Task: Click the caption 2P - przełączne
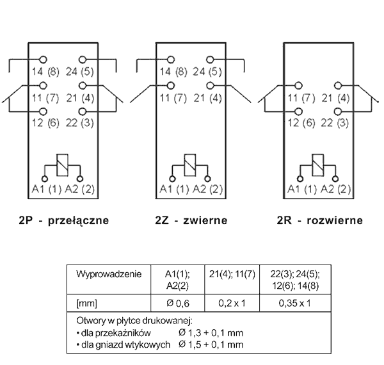point(63,221)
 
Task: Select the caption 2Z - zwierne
point(191,221)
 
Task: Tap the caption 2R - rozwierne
point(319,221)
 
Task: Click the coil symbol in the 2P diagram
point(62,165)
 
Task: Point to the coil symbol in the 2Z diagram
point(190,165)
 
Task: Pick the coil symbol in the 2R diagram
point(318,165)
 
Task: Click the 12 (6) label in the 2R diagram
point(301,122)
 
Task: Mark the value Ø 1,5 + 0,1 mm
point(211,344)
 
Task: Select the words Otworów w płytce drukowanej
point(134,320)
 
